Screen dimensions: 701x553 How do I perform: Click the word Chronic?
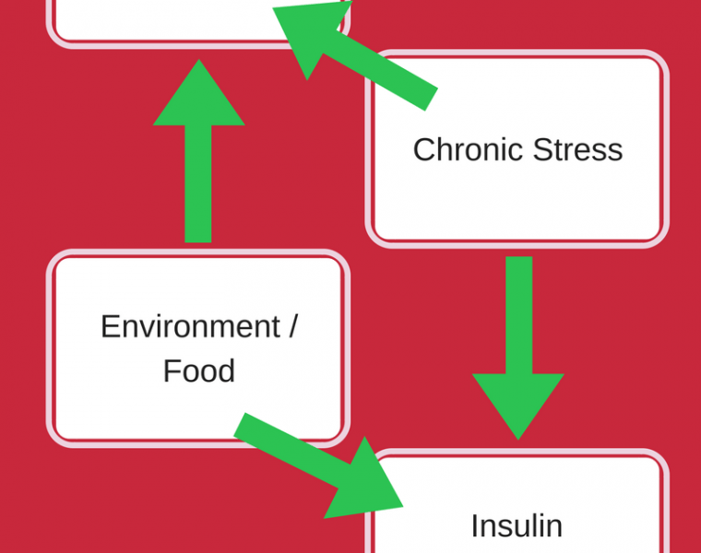[x=469, y=149]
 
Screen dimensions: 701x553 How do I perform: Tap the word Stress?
[x=577, y=149]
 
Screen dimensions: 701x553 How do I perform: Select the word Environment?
[x=190, y=326]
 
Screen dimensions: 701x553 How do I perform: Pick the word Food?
[x=199, y=371]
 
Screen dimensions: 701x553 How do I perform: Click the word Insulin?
[x=517, y=525]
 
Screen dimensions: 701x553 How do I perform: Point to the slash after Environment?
[x=292, y=326]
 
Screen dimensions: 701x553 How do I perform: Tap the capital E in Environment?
[x=111, y=326]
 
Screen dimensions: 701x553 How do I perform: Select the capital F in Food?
[x=172, y=371]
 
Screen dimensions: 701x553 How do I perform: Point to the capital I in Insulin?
[x=475, y=525]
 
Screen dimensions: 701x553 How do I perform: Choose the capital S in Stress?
[x=543, y=149]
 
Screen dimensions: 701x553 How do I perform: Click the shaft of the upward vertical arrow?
[x=198, y=184]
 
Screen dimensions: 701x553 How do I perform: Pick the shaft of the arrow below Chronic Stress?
[x=519, y=315]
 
